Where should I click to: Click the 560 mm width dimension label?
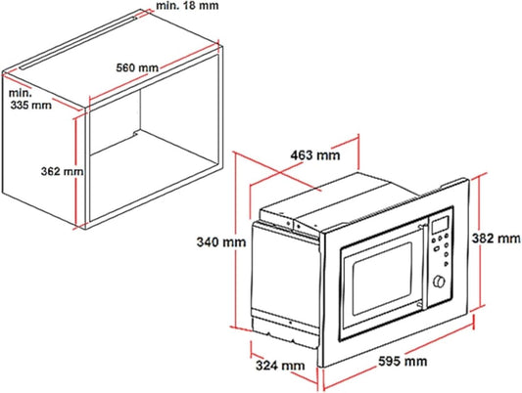coord(137,67)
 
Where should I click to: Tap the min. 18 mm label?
coord(187,5)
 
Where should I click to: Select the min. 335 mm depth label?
coord(30,99)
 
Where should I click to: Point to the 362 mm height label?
coord(63,171)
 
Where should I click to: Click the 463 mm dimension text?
coord(315,155)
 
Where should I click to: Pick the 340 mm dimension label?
coord(221,241)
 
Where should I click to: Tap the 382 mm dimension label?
coord(496,239)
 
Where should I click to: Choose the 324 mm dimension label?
coord(280,366)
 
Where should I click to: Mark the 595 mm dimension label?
coord(403,361)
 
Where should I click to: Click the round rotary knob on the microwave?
coord(439,281)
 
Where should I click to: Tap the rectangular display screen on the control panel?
coord(440,225)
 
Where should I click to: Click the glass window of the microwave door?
coord(382,279)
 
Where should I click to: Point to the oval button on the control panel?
coord(436,248)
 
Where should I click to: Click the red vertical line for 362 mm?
coord(76,172)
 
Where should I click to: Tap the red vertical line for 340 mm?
coord(236,240)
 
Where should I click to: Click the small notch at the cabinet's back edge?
coord(135,134)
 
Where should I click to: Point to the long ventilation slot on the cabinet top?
coord(78,43)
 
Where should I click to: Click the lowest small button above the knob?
coord(447,264)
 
